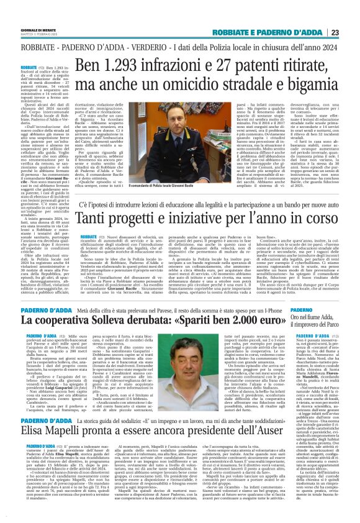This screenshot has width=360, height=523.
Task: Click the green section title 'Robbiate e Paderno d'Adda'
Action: click(275, 33)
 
